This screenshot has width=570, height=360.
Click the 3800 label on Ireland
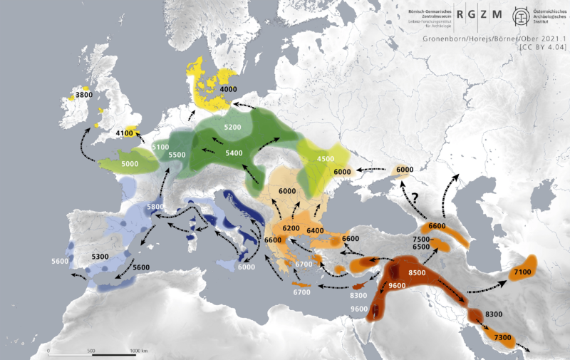tap(84, 95)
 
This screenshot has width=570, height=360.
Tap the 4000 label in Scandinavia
tap(228, 89)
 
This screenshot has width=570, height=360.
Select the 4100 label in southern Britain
tap(125, 133)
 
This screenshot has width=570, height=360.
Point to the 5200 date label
tap(233, 127)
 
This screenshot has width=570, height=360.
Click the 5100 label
tap(160, 147)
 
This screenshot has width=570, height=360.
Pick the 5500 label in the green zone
tap(177, 155)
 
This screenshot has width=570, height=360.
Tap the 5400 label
tap(234, 153)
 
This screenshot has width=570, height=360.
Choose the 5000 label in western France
tap(130, 164)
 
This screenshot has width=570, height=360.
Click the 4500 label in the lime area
tap(326, 158)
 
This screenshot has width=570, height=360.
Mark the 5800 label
tap(155, 207)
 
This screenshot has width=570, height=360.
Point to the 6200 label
tap(291, 227)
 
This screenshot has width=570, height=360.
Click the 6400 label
tap(315, 231)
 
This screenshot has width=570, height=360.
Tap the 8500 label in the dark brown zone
tap(417, 272)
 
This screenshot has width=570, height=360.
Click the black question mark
tap(410, 197)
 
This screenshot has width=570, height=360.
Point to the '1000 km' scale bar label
tap(139, 351)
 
